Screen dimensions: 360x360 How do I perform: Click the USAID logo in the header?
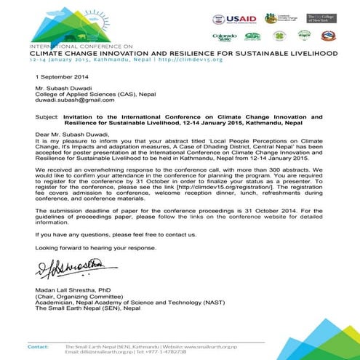(233, 18)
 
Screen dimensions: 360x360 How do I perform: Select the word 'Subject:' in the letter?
(47, 116)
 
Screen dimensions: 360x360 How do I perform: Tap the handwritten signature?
(65, 272)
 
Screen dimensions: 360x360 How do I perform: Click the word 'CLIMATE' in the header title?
(50, 53)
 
